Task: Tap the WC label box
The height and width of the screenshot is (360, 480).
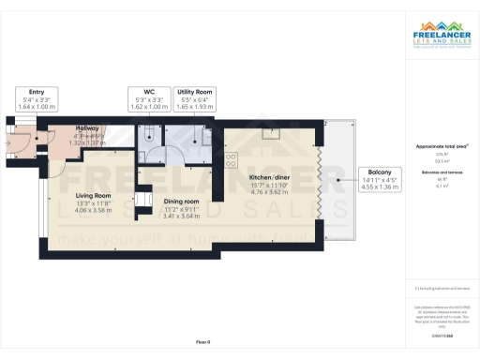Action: click(150, 98)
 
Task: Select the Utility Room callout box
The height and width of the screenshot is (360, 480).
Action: click(196, 98)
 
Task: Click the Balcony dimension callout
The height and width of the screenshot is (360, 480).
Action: click(379, 178)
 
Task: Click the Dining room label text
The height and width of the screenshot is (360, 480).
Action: click(182, 202)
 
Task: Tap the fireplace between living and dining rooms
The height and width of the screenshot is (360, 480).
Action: click(143, 202)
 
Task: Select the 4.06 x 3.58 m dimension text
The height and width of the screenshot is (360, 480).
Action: click(93, 210)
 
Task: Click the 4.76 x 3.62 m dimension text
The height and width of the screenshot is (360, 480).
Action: click(269, 192)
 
